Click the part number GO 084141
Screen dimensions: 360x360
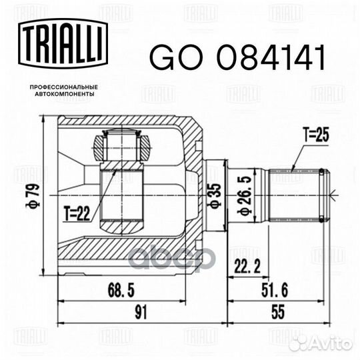tap(236, 58)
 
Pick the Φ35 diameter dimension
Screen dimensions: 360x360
tap(214, 195)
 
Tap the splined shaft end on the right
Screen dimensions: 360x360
tap(297, 195)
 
